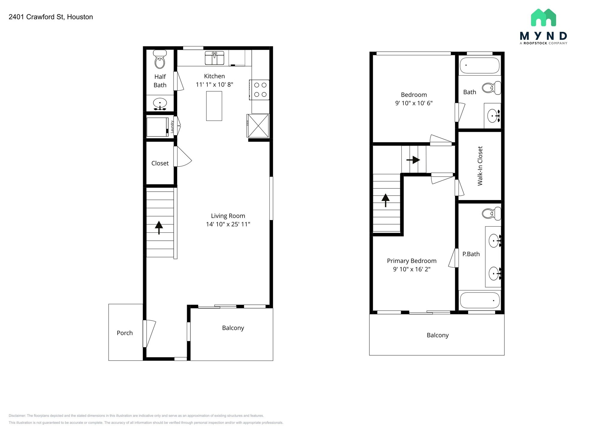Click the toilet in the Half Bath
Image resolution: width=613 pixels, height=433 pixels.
[160, 60]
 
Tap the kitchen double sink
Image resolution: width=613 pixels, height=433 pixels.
[214, 58]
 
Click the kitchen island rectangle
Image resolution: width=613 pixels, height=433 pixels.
[214, 106]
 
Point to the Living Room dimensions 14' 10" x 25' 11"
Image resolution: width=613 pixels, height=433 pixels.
[228, 224]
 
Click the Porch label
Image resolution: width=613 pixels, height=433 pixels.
[125, 333]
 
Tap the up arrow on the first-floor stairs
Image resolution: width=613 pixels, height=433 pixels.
[159, 227]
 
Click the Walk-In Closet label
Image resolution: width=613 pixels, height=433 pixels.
[480, 166]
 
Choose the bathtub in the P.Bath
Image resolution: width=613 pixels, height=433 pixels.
[480, 300]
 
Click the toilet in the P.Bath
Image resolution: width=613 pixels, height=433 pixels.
[491, 214]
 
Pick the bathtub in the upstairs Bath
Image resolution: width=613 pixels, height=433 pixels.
[480, 65]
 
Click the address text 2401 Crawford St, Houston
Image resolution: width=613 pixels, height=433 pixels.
[51, 17]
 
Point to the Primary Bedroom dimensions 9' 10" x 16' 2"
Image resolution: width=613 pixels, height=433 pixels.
[412, 269]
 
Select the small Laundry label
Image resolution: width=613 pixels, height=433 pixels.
[172, 127]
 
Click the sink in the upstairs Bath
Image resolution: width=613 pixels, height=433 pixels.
[493, 115]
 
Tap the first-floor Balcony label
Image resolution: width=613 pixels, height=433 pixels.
[233, 328]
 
